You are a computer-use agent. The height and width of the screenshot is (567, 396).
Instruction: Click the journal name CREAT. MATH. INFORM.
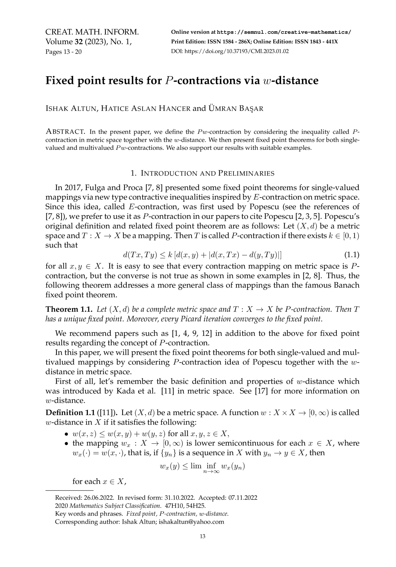coord(92,32)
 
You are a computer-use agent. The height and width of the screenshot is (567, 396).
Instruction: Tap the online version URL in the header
coord(284,32)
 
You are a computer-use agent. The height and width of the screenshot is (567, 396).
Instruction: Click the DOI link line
coord(230,51)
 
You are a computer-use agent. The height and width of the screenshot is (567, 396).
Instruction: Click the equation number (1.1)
coord(352,255)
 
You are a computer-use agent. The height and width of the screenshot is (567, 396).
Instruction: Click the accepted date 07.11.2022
coord(243,498)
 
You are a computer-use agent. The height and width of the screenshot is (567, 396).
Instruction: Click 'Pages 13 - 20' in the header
coord(63,51)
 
